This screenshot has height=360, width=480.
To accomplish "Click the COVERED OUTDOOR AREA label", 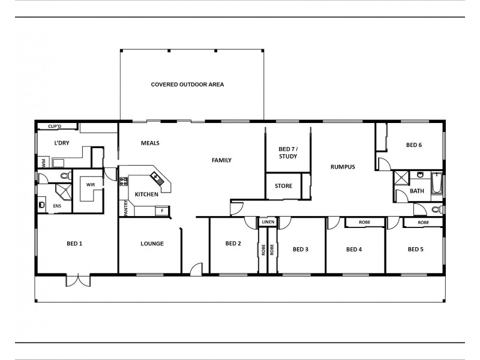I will point(187,85).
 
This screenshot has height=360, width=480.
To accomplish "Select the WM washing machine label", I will point(44,163).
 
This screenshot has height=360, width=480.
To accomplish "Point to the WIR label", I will point(91,185).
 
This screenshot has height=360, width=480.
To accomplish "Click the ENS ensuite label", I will point(58,206).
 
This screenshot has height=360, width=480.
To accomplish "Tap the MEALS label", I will point(150,143).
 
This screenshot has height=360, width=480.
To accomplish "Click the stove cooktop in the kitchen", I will point(124,181).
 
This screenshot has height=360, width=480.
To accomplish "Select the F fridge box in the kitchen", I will point(161,211).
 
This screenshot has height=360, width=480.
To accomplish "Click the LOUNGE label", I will point(152,244).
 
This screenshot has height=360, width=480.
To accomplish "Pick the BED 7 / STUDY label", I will point(288,152).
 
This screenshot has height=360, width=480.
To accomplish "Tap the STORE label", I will point(283,186).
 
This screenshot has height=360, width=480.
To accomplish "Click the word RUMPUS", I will point(343,167).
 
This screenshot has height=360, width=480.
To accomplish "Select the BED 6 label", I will point(415,145).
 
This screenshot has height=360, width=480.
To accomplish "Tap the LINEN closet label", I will point(268,222).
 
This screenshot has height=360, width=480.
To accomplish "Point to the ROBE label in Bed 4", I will point(365,222).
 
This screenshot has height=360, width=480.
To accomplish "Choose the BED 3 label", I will point(301,249).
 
